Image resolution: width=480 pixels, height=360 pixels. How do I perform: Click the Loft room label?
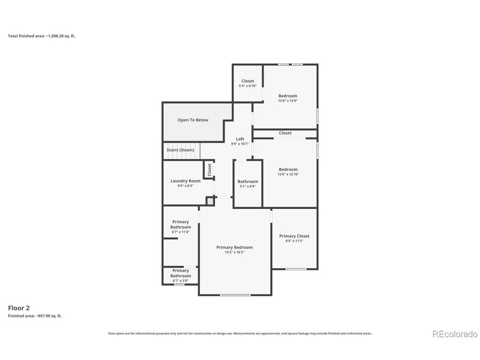point(240,139)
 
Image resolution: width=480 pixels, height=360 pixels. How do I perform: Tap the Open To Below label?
point(193,120)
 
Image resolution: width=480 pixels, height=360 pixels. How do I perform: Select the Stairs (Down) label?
point(180,150)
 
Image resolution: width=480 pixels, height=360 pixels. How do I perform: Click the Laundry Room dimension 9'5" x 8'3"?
point(186,186)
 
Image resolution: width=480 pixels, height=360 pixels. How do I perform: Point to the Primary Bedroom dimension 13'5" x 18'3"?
point(234,252)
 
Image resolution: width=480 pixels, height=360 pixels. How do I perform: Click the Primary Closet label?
point(294,236)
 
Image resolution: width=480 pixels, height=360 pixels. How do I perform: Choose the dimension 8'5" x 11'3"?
point(294,241)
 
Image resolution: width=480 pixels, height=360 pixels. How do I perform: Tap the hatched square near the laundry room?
point(210,201)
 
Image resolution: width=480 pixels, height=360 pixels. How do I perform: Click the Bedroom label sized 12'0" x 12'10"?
point(288,169)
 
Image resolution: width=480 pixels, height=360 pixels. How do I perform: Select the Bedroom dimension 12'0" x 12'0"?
point(288,101)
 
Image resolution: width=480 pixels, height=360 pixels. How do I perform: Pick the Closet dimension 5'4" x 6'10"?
point(247,86)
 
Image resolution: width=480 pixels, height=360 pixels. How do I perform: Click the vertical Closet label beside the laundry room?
point(210,169)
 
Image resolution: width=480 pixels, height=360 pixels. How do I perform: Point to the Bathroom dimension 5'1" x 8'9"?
point(248,186)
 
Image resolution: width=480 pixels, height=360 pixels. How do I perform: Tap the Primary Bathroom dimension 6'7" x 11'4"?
point(180,232)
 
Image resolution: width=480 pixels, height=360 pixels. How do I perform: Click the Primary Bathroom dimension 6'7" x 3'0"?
point(180,280)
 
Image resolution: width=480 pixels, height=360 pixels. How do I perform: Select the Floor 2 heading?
point(19,308)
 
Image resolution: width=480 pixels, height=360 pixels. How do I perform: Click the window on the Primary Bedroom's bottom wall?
point(235,295)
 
